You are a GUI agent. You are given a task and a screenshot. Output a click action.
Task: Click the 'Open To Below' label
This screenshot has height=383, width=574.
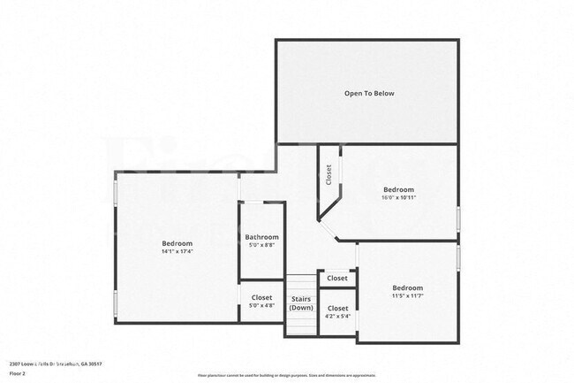coord(369,93)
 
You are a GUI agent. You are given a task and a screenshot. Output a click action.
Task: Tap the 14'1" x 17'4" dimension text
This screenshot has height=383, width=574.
coord(177,252)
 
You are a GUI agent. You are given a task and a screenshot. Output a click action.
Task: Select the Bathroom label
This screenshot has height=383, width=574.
coord(261,237)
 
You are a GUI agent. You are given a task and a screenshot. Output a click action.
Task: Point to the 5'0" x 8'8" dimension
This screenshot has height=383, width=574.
coord(261,245)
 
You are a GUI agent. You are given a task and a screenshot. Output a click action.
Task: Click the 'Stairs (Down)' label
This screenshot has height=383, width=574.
coord(301,303)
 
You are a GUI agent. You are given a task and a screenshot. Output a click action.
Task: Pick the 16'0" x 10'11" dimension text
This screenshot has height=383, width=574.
coord(398,198)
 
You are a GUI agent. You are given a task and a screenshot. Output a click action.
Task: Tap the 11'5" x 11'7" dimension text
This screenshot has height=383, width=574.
coord(407,296)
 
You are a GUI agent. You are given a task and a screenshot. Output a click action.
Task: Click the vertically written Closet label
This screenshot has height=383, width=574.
coord(328,174)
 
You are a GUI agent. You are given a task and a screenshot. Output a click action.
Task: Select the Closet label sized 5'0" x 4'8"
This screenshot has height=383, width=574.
coord(261,297)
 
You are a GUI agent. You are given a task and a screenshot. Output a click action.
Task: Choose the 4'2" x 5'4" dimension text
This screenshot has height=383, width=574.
coord(337,316)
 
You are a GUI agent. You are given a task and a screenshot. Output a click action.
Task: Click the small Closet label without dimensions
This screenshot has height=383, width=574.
coord(337,278)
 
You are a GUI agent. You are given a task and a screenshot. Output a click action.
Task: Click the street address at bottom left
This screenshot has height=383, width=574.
coord(56,364)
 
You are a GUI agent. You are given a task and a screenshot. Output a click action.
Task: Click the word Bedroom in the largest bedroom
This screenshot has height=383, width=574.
coord(177,243)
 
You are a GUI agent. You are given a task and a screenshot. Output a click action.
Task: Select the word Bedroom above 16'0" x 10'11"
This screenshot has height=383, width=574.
coord(398,189)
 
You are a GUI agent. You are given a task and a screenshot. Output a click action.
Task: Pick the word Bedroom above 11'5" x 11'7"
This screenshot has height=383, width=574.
coord(407,287)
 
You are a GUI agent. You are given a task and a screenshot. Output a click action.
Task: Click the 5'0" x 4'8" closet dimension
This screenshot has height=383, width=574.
coord(261,306)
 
